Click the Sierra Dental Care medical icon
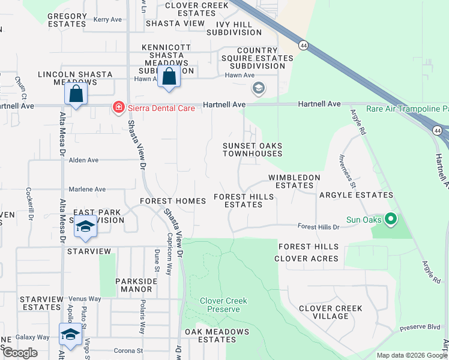pyautogui.click(x=118, y=108)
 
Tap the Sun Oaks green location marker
pyautogui.click(x=391, y=220)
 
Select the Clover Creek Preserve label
pyautogui.click(x=223, y=305)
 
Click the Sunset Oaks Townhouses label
pyautogui.click(x=252, y=149)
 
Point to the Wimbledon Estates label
pyautogui.click(x=294, y=182)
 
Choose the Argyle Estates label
pyautogui.click(x=356, y=195)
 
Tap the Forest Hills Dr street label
pyautogui.click(x=319, y=227)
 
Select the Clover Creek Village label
pyautogui.click(x=331, y=312)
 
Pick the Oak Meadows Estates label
pyautogui.click(x=217, y=335)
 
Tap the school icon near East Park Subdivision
pyautogui.click(x=85, y=227)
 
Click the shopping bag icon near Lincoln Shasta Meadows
pyautogui.click(x=76, y=94)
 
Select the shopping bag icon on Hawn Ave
pyautogui.click(x=169, y=77)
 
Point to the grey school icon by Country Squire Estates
pyautogui.click(x=259, y=89)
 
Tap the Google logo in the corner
pyautogui.click(x=20, y=352)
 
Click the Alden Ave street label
pyautogui.click(x=83, y=160)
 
